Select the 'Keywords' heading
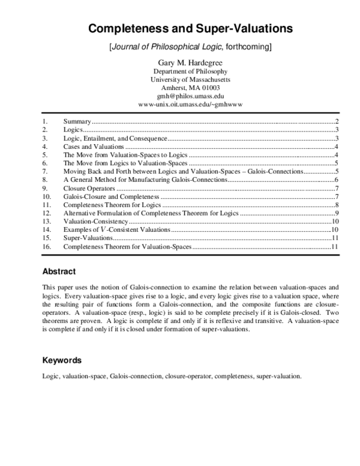tap(62, 360)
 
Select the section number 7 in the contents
tap(44, 171)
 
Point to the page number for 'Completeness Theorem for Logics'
tap(338, 205)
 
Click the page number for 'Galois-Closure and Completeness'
tap(338, 196)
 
